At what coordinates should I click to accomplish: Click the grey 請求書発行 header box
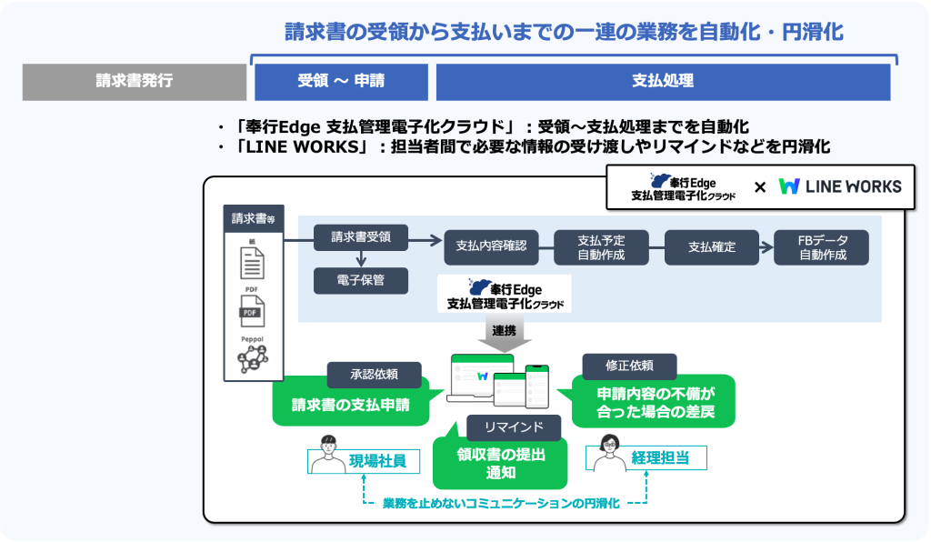[135, 82]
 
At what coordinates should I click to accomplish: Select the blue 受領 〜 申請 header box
[341, 82]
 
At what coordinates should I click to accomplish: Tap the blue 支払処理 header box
[663, 82]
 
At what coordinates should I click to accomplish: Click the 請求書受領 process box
[361, 238]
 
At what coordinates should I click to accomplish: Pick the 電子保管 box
[361, 280]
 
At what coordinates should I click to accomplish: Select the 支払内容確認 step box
[491, 246]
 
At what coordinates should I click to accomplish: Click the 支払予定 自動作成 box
[601, 246]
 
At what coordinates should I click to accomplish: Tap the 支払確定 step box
[711, 246]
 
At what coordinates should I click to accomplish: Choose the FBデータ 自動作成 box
[822, 246]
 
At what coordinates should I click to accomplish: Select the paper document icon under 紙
[252, 263]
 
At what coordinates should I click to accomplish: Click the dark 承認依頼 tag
[374, 375]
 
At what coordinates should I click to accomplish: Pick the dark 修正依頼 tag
[629, 366]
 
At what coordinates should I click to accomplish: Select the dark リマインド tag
[514, 427]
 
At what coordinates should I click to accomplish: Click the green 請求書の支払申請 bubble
[350, 405]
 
